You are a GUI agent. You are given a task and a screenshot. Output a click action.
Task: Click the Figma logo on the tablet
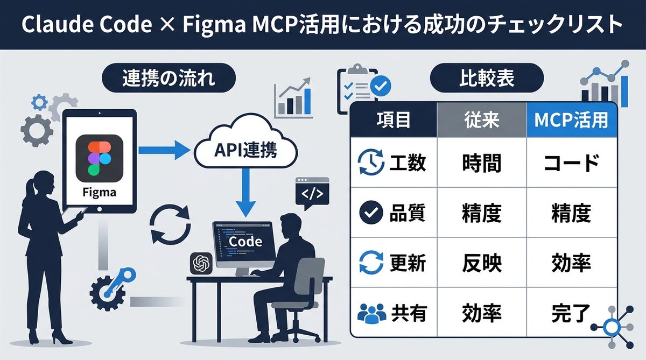[x=100, y=158]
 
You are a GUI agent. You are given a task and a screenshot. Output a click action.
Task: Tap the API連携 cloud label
[x=245, y=151]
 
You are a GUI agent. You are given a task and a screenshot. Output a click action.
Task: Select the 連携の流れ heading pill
[x=168, y=79]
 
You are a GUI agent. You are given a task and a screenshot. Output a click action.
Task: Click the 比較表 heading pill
[x=487, y=79]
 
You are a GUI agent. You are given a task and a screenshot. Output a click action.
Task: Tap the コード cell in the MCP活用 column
[x=571, y=163]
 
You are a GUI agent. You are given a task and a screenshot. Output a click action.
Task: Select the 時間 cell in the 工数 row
[x=481, y=163]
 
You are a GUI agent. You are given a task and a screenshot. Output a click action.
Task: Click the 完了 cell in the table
[x=571, y=313]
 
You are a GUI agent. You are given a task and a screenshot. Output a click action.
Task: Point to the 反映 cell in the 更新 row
[x=481, y=263]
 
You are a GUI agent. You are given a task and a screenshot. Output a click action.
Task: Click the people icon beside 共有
[x=371, y=313]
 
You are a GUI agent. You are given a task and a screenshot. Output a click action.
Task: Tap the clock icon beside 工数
[x=371, y=163]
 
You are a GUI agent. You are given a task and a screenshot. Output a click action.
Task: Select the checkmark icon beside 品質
[x=371, y=213]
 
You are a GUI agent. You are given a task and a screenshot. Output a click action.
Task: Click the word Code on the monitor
[x=245, y=241]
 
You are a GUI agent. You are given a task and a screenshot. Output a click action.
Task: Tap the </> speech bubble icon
[x=312, y=194]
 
